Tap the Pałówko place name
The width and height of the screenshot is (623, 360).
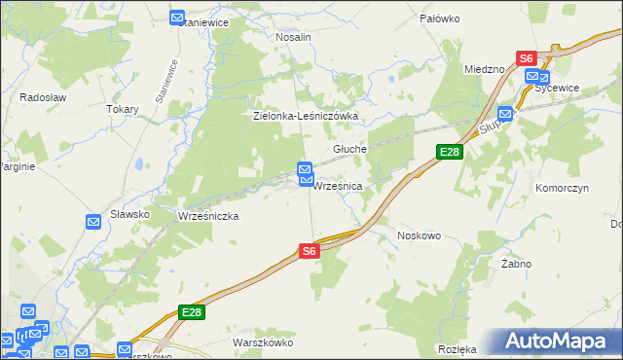tap(439, 18)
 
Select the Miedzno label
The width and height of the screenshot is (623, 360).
tap(484, 70)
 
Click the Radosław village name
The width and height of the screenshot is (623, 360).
tap(42, 97)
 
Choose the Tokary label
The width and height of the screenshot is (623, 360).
tap(123, 109)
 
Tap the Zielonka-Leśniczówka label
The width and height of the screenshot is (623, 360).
tap(306, 116)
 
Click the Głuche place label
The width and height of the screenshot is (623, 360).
tap(349, 149)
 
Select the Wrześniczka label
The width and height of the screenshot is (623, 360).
tap(208, 216)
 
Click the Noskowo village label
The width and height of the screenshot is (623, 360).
tap(420, 235)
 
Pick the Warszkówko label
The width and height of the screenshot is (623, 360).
tap(263, 342)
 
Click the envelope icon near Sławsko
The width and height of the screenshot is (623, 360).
tap(93, 222)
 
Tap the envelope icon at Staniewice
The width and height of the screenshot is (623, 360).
tap(176, 18)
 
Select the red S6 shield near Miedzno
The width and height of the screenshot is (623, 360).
tap(527, 58)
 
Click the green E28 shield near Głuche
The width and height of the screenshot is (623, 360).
tap(449, 152)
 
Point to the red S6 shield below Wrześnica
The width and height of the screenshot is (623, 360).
tap(309, 251)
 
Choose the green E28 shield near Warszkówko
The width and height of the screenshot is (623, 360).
tap(191, 312)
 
